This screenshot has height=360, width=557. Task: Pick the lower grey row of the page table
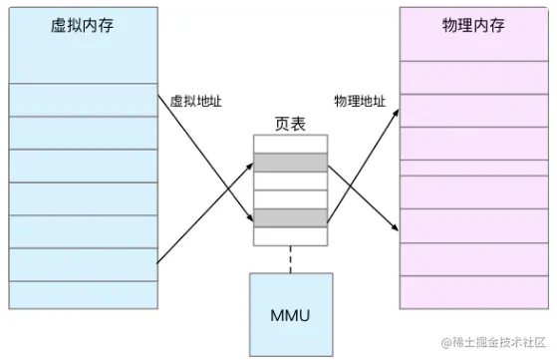point(290,217)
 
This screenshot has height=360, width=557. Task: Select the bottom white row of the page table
point(290,236)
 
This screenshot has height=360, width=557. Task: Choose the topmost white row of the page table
point(290,146)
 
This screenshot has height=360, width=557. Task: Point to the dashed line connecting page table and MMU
point(290,257)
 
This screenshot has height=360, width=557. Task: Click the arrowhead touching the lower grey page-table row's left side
point(249,219)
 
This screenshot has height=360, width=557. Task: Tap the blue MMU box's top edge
point(290,270)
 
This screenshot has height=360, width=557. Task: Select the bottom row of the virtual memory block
point(81,294)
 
